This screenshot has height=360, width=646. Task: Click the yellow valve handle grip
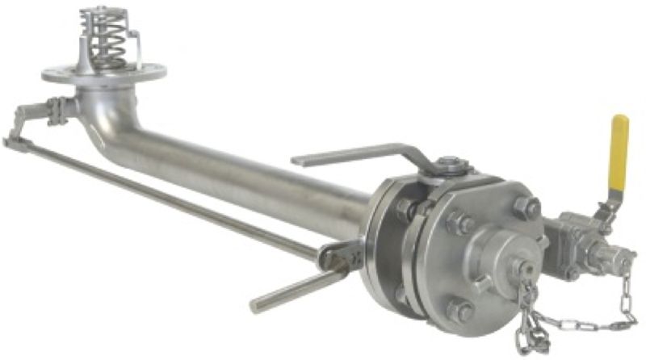[x=619, y=153]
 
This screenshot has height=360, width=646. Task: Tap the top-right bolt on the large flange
[x=526, y=207]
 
